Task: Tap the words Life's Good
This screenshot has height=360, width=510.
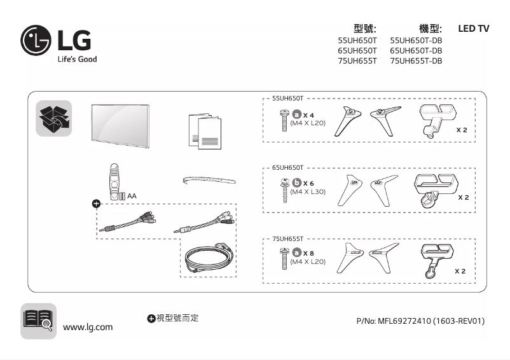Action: click(x=77, y=59)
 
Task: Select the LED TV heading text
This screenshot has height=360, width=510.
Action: click(x=473, y=29)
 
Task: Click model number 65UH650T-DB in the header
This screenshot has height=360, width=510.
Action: click(x=415, y=50)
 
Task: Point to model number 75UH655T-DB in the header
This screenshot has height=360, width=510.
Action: click(x=415, y=61)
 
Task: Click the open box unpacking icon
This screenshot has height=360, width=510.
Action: click(x=53, y=118)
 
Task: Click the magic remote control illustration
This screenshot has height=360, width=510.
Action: click(x=114, y=180)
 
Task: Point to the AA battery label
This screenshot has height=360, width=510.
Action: click(x=132, y=196)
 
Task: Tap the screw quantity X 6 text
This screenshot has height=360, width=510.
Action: click(x=308, y=183)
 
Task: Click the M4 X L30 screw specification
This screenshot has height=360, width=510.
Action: click(x=308, y=191)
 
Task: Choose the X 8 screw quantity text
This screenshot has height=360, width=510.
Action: click(x=308, y=253)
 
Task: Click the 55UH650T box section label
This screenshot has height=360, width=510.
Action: click(x=287, y=99)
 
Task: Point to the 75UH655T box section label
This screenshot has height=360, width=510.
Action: click(x=287, y=239)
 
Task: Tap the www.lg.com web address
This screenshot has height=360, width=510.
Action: click(x=88, y=327)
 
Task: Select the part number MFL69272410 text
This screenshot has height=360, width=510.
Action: click(x=420, y=321)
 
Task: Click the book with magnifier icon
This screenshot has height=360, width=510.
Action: click(x=38, y=321)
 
